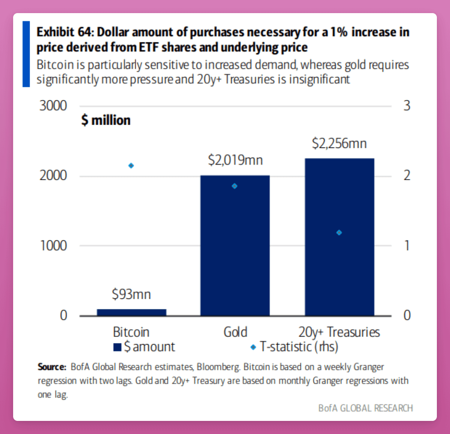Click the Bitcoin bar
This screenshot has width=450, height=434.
(x=131, y=312)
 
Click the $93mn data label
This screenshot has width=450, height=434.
(x=131, y=294)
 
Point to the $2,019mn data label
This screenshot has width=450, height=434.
(x=235, y=160)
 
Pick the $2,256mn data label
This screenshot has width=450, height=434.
(x=339, y=143)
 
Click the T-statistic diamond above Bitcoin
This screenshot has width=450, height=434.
(x=131, y=166)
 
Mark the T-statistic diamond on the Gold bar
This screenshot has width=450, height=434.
(x=235, y=186)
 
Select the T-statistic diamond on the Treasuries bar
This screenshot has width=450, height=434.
(x=339, y=233)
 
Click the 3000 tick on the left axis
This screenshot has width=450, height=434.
(x=53, y=106)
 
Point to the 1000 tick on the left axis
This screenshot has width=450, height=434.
(x=53, y=246)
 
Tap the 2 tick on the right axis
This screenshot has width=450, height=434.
(x=407, y=175)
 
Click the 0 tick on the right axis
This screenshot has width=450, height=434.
(x=407, y=315)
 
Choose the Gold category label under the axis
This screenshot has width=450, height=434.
(x=235, y=332)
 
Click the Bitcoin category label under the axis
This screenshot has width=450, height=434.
(x=131, y=332)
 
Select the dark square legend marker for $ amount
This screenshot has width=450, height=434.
(x=117, y=347)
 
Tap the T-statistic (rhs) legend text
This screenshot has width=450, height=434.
(x=299, y=347)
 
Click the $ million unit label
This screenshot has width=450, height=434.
(x=106, y=120)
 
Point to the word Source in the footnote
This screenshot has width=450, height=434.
(x=51, y=367)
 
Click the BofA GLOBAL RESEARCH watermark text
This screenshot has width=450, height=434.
(x=366, y=408)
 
